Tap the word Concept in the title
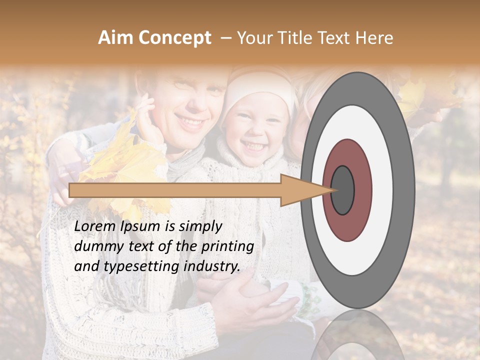[x=175, y=38]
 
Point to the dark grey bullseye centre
[x=342, y=190]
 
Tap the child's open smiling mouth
[x=253, y=146]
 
